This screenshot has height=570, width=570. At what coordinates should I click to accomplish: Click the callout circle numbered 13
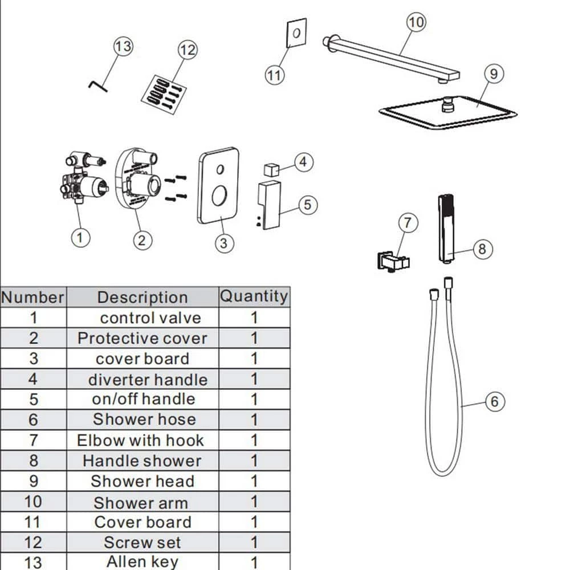(123, 46)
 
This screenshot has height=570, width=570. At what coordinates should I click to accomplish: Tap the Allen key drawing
(97, 85)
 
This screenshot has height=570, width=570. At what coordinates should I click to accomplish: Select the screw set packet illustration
(162, 93)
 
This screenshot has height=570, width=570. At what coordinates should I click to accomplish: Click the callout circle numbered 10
(416, 23)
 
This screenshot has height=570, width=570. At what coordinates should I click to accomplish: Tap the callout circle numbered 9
(494, 74)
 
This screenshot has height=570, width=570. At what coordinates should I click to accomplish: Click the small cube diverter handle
(271, 169)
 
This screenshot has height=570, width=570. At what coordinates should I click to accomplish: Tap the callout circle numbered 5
(308, 205)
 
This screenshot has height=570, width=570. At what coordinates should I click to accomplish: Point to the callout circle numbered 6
(494, 402)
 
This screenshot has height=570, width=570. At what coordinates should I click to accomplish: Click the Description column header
(142, 297)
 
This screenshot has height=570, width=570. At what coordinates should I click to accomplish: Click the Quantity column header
(254, 296)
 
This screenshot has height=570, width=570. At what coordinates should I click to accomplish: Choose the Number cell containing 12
(34, 542)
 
